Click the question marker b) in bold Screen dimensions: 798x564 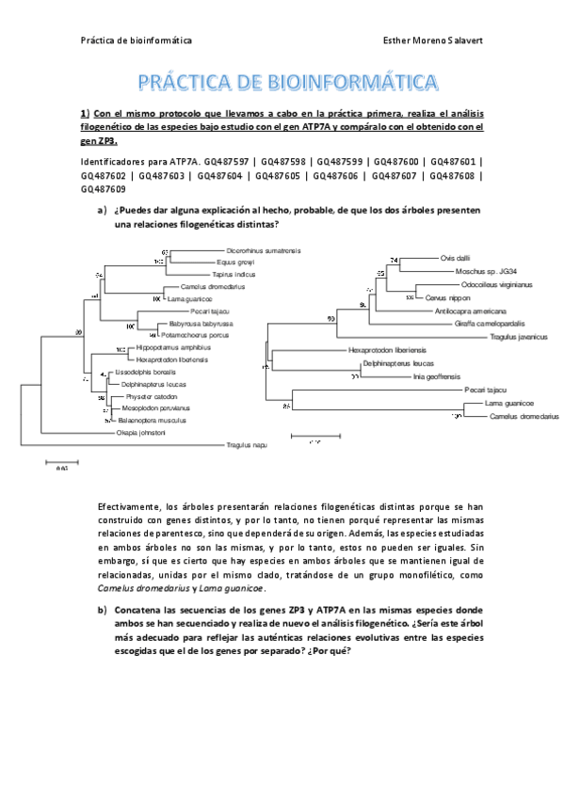click(x=103, y=611)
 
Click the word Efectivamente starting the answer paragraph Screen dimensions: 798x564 click(x=130, y=507)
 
